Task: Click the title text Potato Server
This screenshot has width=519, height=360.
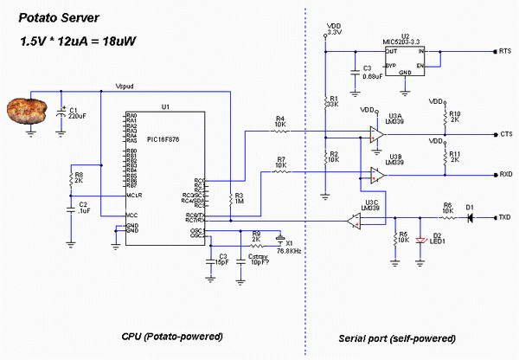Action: point(57,17)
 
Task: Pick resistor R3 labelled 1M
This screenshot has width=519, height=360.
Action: point(230,200)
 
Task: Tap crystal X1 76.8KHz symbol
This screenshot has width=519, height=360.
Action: point(279,236)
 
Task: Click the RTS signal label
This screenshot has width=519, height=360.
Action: point(506,52)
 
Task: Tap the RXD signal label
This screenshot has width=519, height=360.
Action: point(506,173)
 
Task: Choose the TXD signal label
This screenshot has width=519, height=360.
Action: point(506,216)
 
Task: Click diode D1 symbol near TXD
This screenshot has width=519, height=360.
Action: point(470,216)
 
